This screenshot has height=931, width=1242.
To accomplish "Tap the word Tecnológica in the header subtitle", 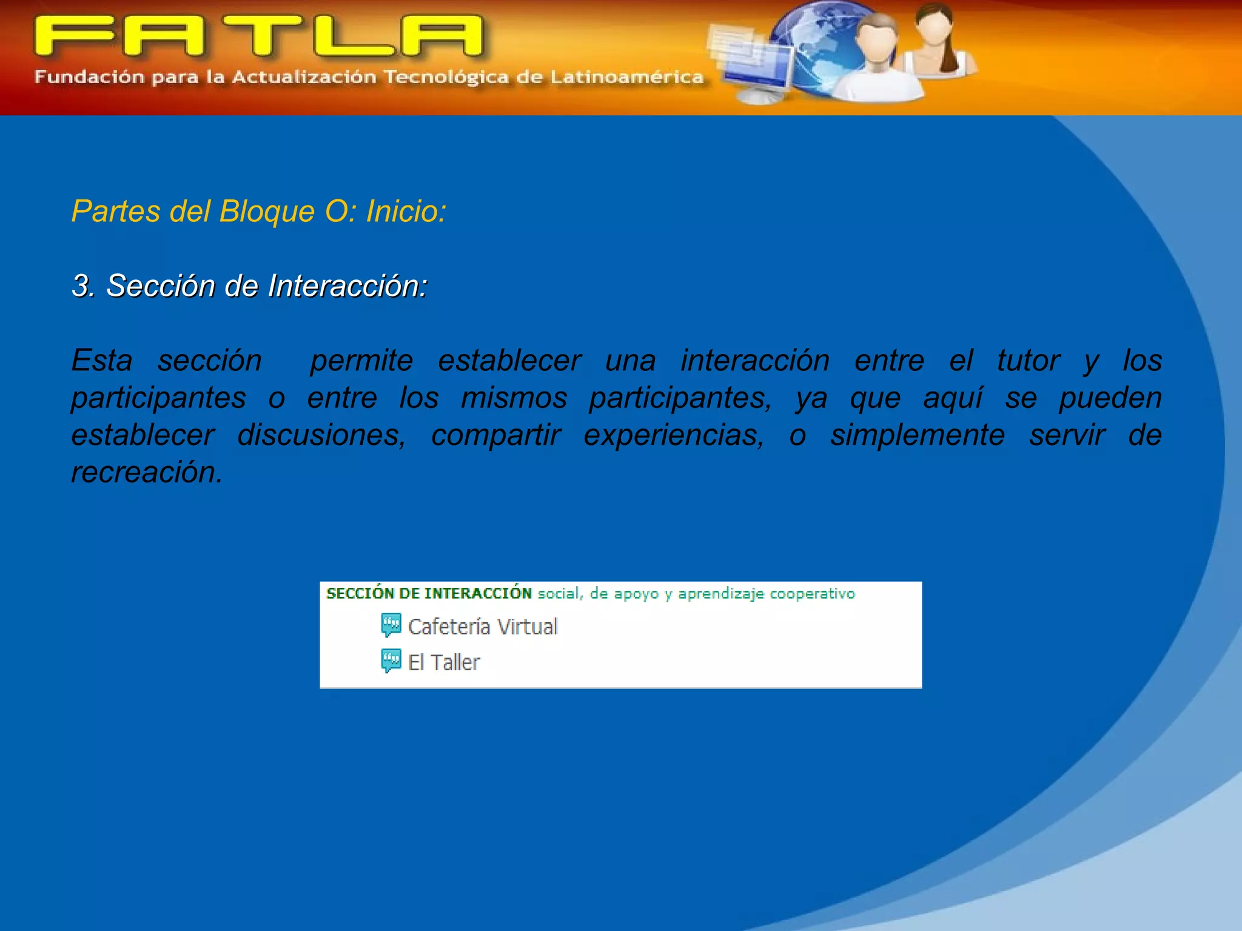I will pyautogui.click(x=446, y=78).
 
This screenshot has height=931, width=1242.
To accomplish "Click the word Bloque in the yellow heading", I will pyautogui.click(x=267, y=212).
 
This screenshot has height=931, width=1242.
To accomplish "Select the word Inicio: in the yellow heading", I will pyautogui.click(x=406, y=212).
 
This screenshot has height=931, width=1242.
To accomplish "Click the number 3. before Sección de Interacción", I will pyautogui.click(x=83, y=285).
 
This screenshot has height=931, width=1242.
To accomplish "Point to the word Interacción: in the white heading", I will pyautogui.click(x=347, y=285).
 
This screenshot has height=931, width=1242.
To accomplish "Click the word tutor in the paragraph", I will pyautogui.click(x=1029, y=361).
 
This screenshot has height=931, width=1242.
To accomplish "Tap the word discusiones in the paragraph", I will pyautogui.click(x=321, y=435).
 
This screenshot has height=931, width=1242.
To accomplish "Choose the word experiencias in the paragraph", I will pyautogui.click(x=673, y=435).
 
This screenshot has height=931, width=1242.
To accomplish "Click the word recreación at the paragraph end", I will pyautogui.click(x=146, y=472).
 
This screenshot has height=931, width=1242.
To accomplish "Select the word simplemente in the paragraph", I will pyautogui.click(x=917, y=435).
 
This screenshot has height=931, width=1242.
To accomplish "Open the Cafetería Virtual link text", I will pyautogui.click(x=482, y=626).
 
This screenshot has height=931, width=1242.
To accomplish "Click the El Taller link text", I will pyautogui.click(x=444, y=662).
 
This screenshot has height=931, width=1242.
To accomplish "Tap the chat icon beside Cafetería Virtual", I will pyautogui.click(x=391, y=625).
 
